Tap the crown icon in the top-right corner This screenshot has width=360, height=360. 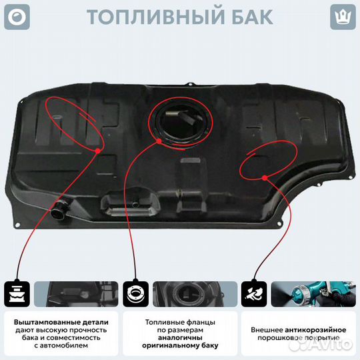(x=343, y=16)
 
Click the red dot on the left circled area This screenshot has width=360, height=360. (x=99, y=151)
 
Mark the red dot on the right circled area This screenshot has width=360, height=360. (x=265, y=177)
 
